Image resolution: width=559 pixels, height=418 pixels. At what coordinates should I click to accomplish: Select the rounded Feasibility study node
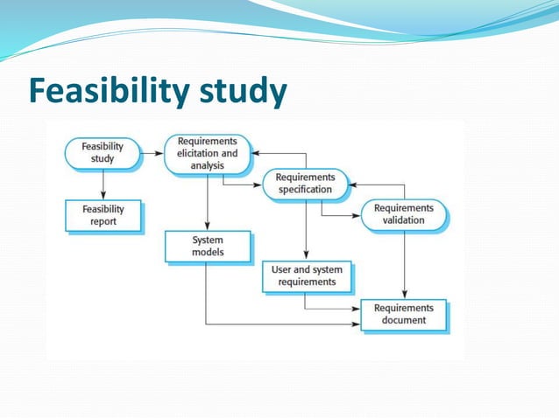(x=103, y=153)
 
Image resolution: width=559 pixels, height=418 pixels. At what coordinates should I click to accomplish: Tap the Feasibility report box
(x=103, y=215)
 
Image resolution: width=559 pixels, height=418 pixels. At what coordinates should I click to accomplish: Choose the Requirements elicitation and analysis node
(x=207, y=153)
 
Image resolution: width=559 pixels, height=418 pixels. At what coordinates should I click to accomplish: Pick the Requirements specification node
(x=305, y=183)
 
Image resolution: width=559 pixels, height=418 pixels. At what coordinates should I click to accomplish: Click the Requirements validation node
(x=403, y=214)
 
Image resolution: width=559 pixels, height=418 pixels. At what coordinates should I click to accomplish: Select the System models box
(x=207, y=246)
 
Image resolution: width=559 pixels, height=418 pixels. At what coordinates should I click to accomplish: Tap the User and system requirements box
(x=306, y=276)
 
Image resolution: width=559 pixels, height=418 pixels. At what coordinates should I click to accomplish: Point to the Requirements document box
(x=403, y=314)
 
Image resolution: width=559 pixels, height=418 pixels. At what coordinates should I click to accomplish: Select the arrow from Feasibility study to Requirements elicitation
(x=152, y=153)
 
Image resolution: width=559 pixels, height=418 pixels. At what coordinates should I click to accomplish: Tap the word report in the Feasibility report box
(x=103, y=222)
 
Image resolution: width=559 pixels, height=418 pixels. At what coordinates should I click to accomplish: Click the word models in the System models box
(x=208, y=253)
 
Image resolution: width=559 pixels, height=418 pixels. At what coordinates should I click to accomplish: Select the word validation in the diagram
(x=403, y=220)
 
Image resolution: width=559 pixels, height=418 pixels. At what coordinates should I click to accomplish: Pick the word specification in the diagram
(x=305, y=190)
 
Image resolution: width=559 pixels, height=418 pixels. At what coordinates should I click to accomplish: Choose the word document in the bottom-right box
(x=403, y=320)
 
